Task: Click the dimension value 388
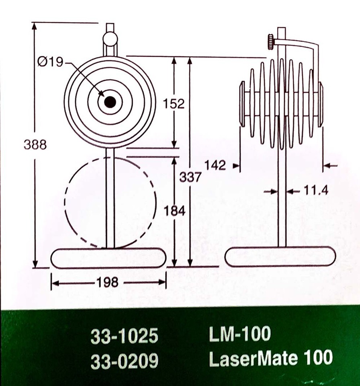coord(35,144)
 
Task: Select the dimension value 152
coord(174,103)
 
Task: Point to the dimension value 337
coord(190,177)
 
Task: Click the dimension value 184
coord(174,210)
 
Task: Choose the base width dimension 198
coord(108,283)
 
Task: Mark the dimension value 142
coord(215,165)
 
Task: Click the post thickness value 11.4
coord(315,191)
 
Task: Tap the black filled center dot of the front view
coord(110,102)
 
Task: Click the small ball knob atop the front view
coord(110,39)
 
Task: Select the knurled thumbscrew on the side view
coord(271,42)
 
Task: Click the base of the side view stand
coord(280,257)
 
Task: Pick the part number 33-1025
coord(124,337)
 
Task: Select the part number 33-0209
coord(124,361)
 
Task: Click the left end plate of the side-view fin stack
coord(242,104)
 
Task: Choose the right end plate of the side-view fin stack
coord(321,104)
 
